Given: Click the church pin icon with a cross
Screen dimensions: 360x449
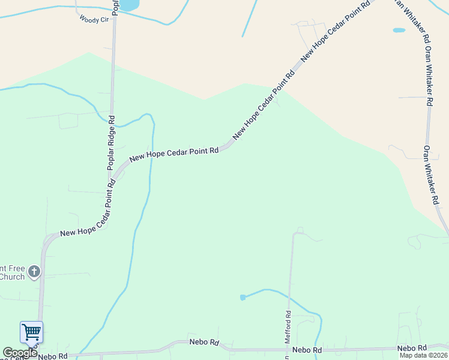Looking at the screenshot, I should click(x=34, y=272).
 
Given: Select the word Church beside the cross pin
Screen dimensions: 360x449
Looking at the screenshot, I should click(x=12, y=277).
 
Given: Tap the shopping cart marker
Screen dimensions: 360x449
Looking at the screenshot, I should click(x=31, y=331).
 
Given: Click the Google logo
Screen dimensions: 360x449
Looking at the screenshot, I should click(x=20, y=353).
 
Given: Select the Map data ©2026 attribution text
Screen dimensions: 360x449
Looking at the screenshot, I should click(x=424, y=355).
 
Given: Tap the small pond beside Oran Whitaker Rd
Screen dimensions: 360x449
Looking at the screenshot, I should click(x=399, y=30).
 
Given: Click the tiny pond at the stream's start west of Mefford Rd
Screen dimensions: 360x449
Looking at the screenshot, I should click(x=243, y=297).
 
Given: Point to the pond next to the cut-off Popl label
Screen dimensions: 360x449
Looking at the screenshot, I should click(x=129, y=5).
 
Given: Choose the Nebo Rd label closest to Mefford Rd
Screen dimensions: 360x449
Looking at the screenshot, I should click(x=307, y=350).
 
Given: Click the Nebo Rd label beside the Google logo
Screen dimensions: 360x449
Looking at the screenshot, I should click(x=53, y=356).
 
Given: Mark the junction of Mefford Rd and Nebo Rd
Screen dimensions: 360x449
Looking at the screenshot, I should click(x=288, y=349).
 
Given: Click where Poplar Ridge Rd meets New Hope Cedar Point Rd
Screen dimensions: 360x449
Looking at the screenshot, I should click(x=112, y=178).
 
